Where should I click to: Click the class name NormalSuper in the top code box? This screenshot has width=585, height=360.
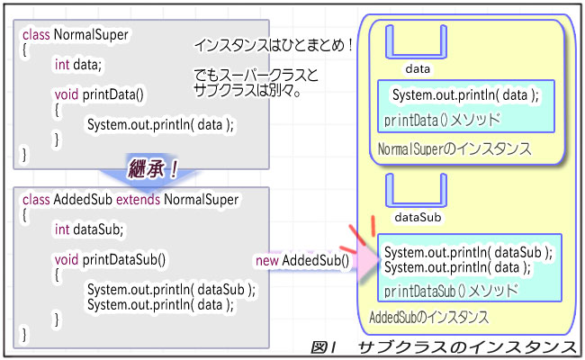tap(91, 35)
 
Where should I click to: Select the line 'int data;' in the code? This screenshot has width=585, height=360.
tap(78, 65)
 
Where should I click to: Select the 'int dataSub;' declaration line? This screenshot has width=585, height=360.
tap(88, 229)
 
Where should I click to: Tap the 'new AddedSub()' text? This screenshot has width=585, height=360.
tap(302, 261)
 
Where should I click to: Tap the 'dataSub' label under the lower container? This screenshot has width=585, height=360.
tap(418, 218)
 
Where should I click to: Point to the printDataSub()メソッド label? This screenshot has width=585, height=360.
tap(451, 291)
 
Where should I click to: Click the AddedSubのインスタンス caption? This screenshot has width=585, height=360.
tap(429, 318)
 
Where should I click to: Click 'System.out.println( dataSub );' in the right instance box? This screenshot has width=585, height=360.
tap(468, 253)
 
